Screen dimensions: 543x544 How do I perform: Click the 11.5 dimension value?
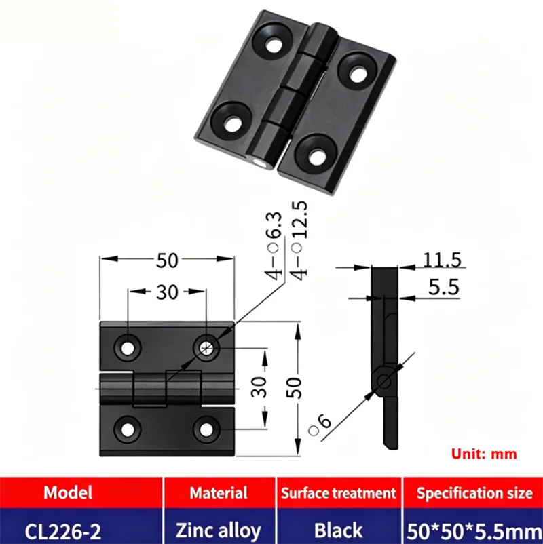click(442, 260)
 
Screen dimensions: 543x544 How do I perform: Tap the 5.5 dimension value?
click(443, 287)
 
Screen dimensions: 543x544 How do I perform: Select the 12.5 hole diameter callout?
click(299, 240)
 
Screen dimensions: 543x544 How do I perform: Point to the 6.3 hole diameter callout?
click(274, 246)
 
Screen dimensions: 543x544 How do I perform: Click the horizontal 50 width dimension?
click(167, 260)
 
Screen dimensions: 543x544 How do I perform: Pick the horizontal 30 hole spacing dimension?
click(167, 292)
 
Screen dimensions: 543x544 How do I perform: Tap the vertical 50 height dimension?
click(295, 387)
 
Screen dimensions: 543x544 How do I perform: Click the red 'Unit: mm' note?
click(484, 454)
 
